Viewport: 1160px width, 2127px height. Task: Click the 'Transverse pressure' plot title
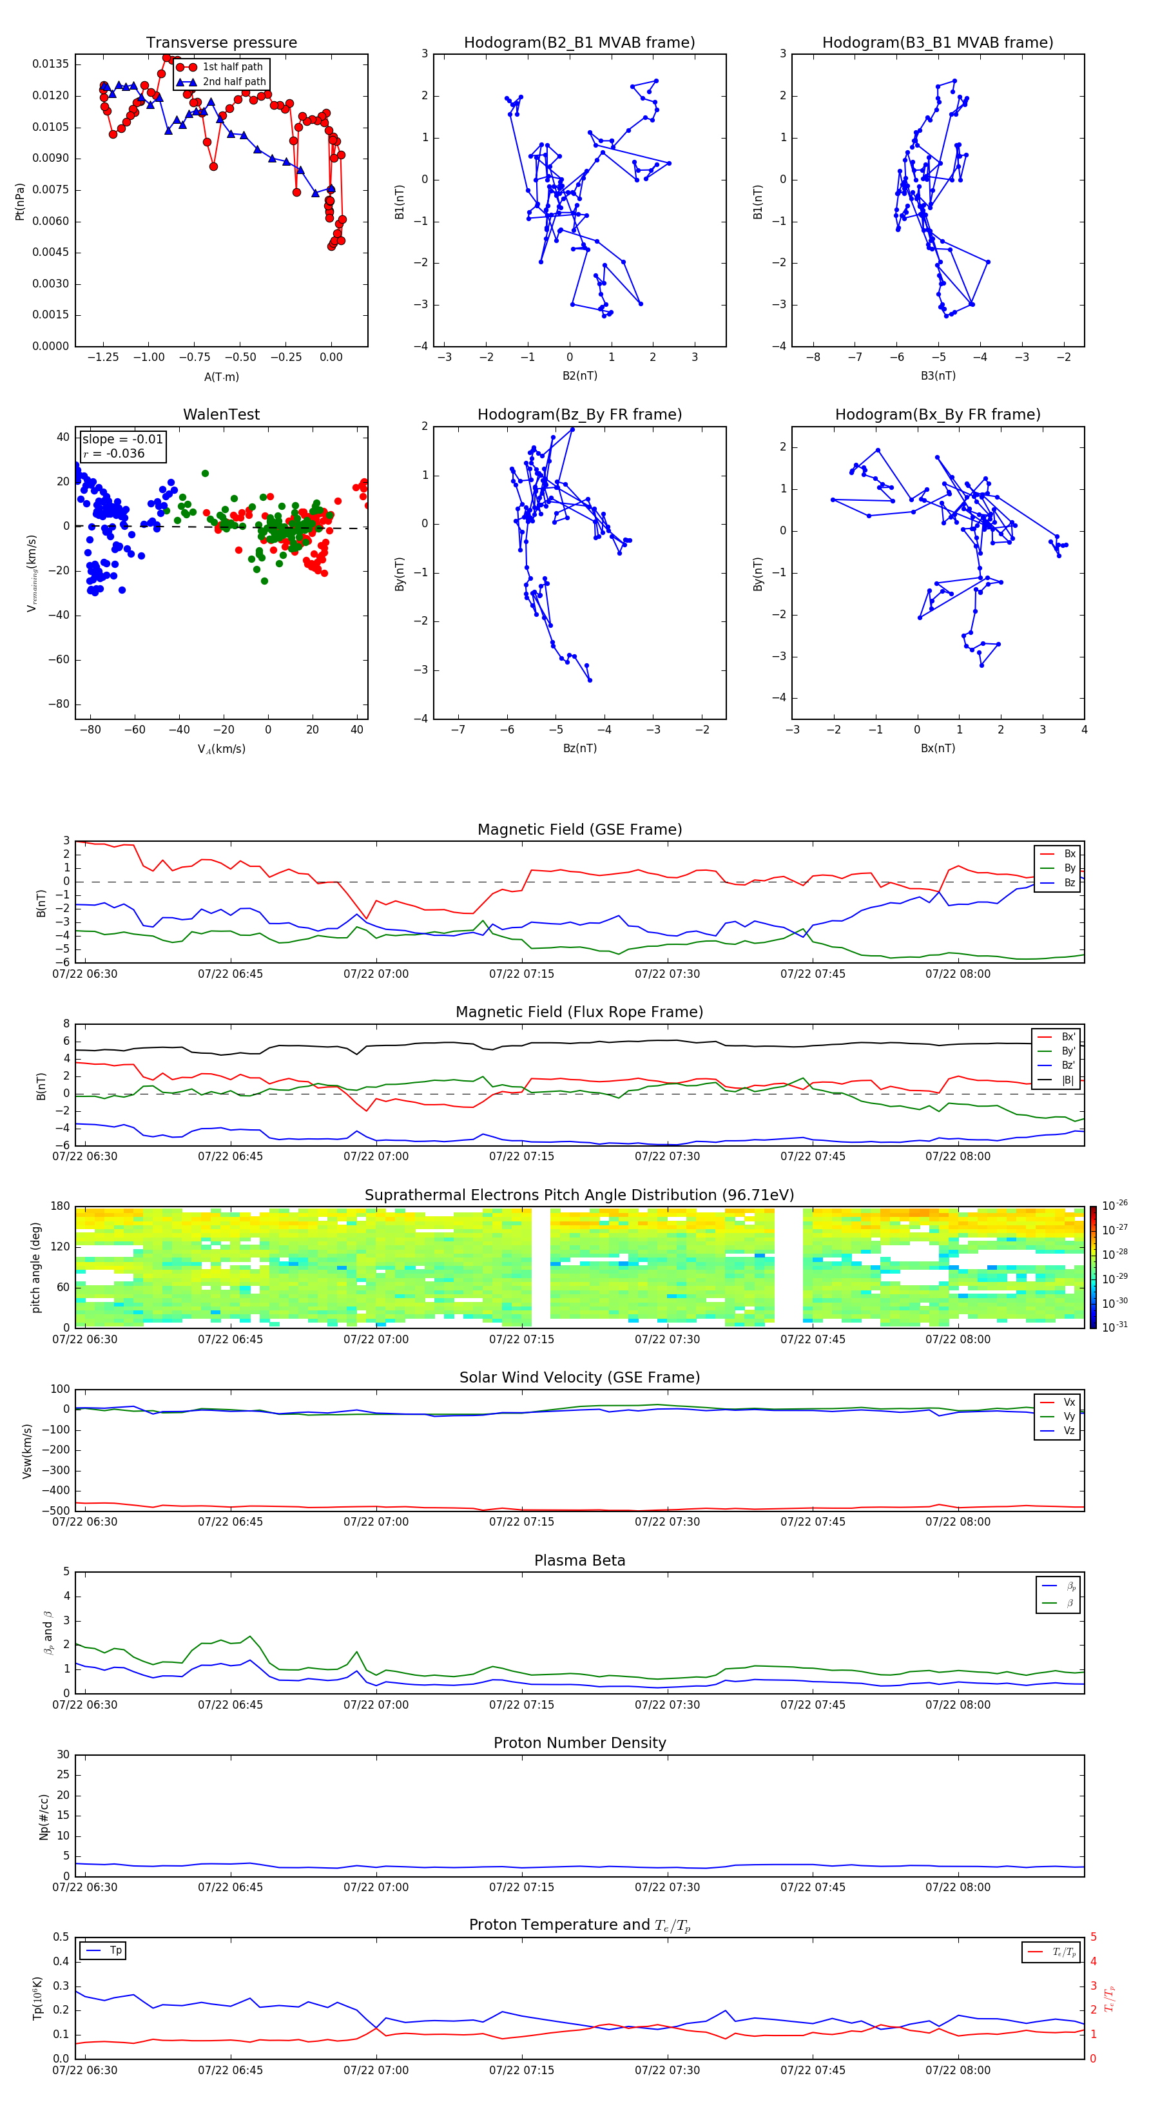(x=221, y=43)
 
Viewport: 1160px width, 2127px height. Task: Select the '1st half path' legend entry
(x=232, y=67)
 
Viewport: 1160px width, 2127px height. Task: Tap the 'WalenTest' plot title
(x=221, y=414)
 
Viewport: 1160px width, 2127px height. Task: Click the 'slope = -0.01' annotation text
(x=122, y=440)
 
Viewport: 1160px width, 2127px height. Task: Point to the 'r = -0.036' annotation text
(x=114, y=453)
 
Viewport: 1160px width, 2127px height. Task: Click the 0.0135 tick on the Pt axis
(x=51, y=64)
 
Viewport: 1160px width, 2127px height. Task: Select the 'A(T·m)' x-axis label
(x=221, y=376)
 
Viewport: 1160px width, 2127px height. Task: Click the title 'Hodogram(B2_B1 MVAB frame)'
(x=579, y=43)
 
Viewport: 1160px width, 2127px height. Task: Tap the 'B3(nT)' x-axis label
(x=938, y=376)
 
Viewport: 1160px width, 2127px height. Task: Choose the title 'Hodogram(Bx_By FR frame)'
(x=937, y=414)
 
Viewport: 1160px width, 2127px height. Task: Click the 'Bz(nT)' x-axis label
(x=579, y=748)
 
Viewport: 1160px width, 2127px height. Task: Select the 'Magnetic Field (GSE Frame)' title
(x=579, y=830)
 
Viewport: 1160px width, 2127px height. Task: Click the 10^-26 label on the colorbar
(x=1115, y=1205)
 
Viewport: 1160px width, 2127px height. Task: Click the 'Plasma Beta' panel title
(x=579, y=1560)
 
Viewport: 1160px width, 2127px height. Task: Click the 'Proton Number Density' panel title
(x=579, y=1743)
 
